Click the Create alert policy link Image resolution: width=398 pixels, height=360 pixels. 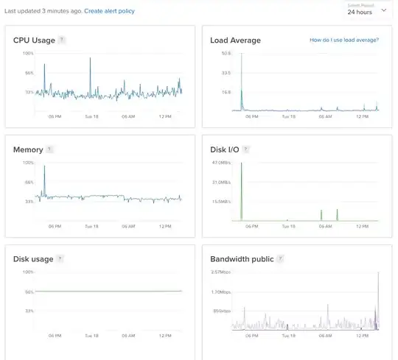click(110, 12)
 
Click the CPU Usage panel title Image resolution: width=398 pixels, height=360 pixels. click(34, 40)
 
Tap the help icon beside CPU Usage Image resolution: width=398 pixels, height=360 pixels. click(62, 40)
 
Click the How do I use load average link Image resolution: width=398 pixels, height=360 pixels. click(344, 40)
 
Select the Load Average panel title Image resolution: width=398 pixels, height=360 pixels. click(236, 40)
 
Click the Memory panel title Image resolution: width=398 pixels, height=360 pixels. click(28, 149)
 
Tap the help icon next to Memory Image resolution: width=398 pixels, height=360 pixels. click(50, 149)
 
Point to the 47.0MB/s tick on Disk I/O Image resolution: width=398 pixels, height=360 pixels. click(222, 163)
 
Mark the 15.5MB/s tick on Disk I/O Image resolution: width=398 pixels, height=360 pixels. click(222, 201)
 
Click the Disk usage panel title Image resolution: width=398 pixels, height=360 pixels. click(33, 259)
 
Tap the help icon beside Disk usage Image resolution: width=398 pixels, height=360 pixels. click(60, 259)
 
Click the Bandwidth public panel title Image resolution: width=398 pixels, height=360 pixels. click(242, 259)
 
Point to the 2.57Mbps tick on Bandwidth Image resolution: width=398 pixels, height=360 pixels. click(221, 272)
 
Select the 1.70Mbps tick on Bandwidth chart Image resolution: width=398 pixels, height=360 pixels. click(221, 292)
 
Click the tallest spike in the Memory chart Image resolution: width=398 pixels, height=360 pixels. click(44, 166)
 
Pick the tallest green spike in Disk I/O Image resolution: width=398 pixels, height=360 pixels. click(241, 163)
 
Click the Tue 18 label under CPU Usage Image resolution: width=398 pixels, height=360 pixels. click(91, 116)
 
